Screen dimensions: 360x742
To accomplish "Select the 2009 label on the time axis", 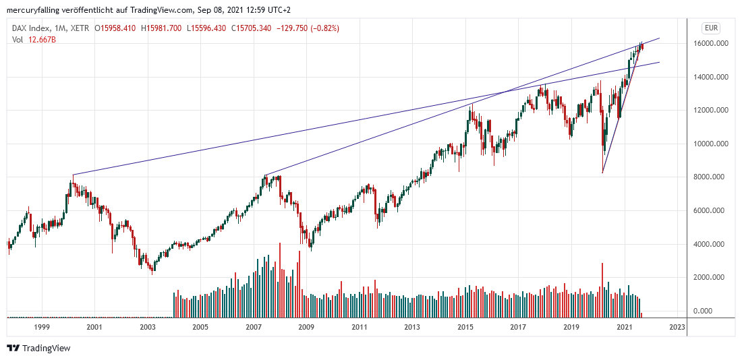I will (x=306, y=327).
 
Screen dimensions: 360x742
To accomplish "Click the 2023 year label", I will (x=677, y=327).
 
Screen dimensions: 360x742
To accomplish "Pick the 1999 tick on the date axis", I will (x=42, y=327).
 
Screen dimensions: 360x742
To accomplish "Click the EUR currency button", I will (x=710, y=28).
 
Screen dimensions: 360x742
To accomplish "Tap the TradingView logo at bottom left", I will (x=38, y=349).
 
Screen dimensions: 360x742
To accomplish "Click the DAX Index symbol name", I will (x=32, y=28).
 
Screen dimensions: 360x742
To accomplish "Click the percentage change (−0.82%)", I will (x=322, y=28).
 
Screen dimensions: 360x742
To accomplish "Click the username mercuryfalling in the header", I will (x=34, y=10).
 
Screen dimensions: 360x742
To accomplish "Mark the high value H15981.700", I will (x=163, y=28).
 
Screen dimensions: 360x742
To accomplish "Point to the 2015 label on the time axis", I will (x=465, y=327).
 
